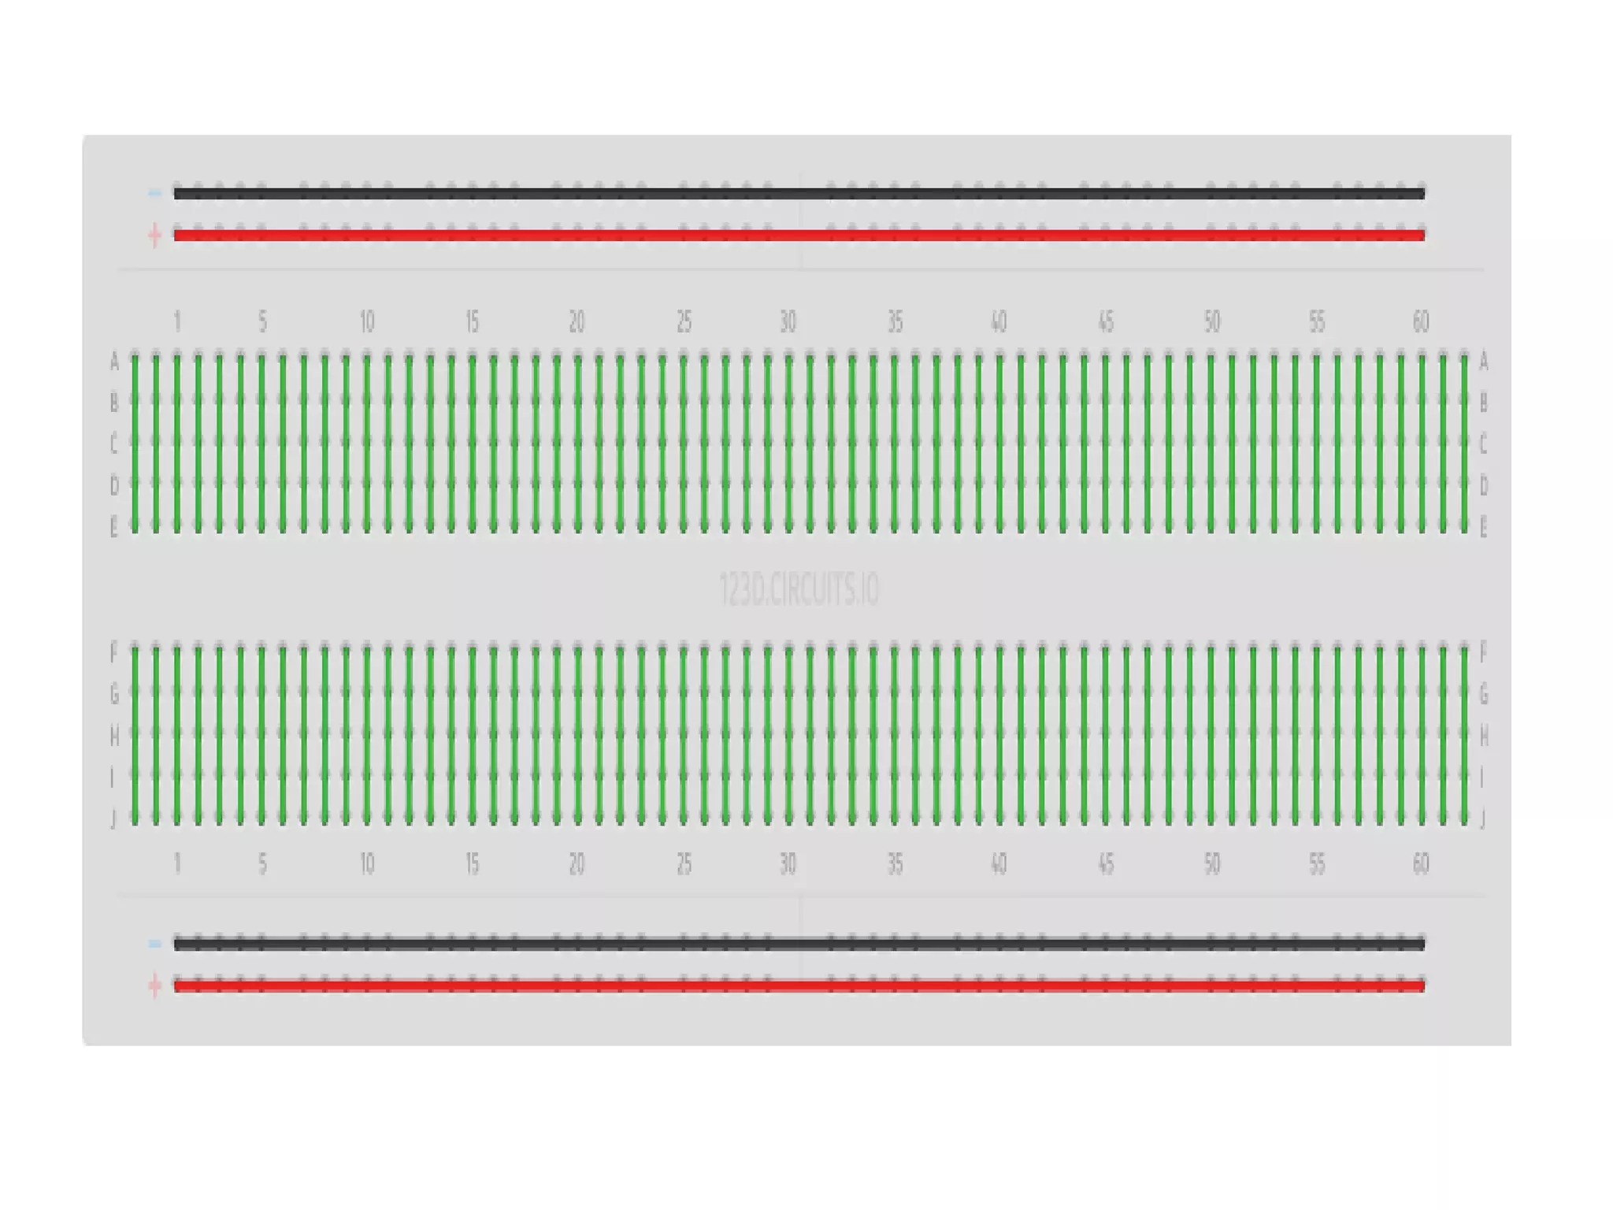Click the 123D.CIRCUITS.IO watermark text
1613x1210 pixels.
(799, 590)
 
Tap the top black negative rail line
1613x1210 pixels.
(799, 194)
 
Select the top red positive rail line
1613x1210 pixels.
(799, 235)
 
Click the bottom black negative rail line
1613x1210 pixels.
(799, 944)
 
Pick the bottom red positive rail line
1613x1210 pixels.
(799, 985)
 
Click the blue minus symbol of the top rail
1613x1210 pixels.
(155, 193)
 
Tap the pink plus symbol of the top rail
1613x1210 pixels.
(155, 235)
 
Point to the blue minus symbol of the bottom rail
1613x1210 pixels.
(155, 944)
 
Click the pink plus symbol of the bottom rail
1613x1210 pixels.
(155, 985)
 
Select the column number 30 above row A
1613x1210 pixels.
(788, 321)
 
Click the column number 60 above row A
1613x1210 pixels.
(1421, 321)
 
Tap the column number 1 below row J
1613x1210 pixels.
(177, 864)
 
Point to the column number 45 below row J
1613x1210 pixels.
(1106, 864)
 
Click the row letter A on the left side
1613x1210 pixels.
(114, 362)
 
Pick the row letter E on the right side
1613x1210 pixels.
(1484, 528)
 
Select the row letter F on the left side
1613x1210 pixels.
(114, 652)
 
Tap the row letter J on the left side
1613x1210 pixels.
(114, 819)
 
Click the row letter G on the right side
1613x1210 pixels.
(1484, 694)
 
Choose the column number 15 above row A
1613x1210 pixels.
(472, 321)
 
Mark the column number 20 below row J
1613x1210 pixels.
(577, 864)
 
